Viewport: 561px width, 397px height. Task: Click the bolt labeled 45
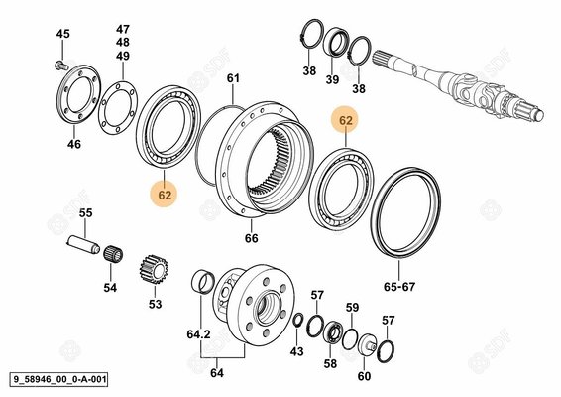click(x=62, y=66)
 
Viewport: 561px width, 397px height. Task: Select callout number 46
click(x=74, y=144)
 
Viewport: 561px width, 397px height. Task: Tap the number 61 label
click(x=233, y=78)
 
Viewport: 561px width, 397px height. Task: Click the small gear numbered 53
click(x=154, y=269)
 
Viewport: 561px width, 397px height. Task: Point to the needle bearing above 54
click(x=113, y=255)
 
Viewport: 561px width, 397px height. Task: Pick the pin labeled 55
click(x=83, y=245)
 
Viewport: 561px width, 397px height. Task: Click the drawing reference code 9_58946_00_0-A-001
click(x=58, y=379)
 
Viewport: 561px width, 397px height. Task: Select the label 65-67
click(x=399, y=287)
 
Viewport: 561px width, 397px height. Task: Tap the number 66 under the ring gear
click(x=251, y=238)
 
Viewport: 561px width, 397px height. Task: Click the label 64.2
click(x=198, y=334)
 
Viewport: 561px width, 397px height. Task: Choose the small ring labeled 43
click(x=297, y=320)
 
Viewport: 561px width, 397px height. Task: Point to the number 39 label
click(x=332, y=79)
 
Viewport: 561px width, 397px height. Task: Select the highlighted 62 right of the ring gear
click(x=346, y=121)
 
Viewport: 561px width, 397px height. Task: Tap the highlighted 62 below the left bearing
click(x=165, y=196)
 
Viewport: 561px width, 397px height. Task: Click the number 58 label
click(x=330, y=363)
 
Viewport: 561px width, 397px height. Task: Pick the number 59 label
click(x=352, y=307)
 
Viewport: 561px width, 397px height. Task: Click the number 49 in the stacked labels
click(x=122, y=56)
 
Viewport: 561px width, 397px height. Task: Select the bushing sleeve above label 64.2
click(x=203, y=282)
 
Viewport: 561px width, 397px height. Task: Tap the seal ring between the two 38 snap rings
click(x=336, y=42)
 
